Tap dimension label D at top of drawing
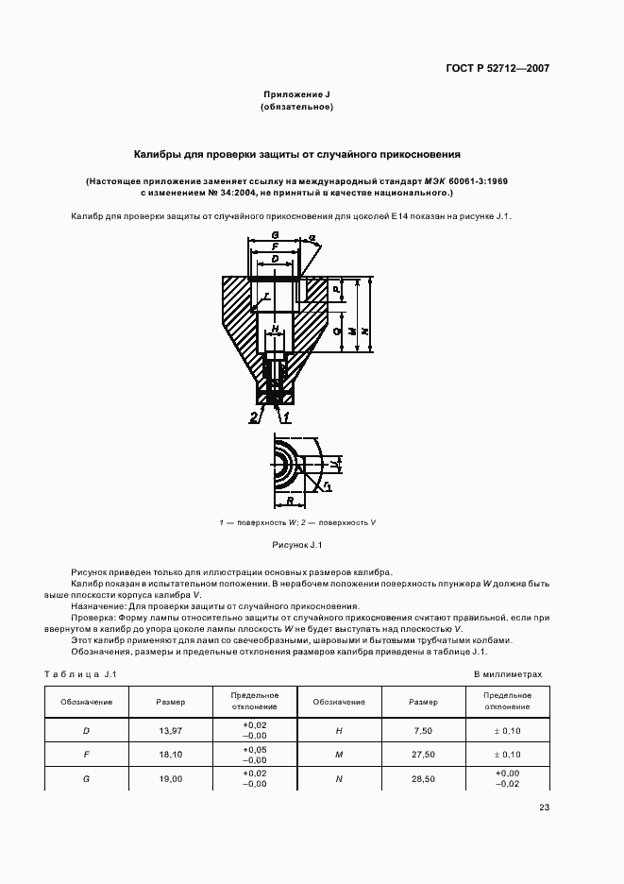coord(274,258)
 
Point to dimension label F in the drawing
coord(274,246)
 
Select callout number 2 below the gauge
coord(254,416)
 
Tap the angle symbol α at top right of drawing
coord(312,239)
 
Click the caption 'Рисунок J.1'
coord(297,545)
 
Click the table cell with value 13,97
coord(171,731)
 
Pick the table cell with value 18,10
coord(171,756)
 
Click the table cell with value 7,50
coord(423,731)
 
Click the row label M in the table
coord(339,756)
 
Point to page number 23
coord(544,807)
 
